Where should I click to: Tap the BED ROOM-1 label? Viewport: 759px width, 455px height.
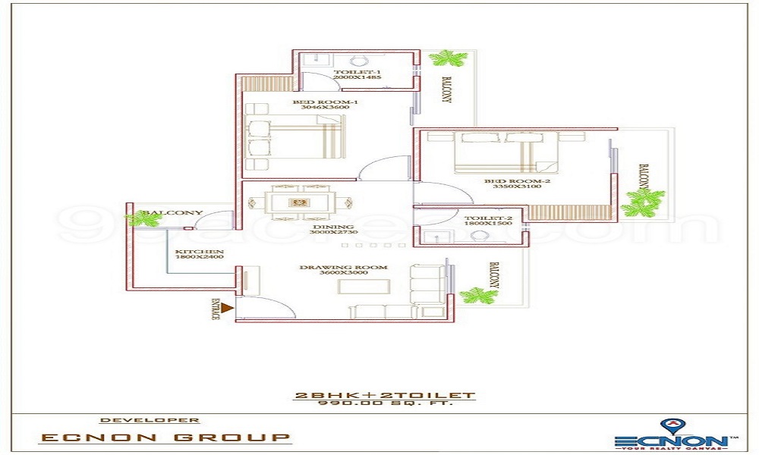[325, 102]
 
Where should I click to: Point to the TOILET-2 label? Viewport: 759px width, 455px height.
[483, 218]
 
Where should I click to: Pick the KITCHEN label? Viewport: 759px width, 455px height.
[199, 251]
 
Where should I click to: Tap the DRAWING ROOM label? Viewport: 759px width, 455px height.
[343, 267]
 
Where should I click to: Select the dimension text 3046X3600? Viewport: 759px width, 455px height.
[324, 108]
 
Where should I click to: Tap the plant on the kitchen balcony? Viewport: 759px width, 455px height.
[144, 219]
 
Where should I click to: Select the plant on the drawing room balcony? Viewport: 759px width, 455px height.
[478, 295]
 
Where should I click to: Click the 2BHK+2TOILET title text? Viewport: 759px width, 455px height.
[384, 395]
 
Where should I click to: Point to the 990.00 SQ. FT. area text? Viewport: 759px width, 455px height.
[384, 403]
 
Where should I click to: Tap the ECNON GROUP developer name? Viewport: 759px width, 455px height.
[165, 438]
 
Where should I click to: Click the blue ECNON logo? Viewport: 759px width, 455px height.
[670, 438]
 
